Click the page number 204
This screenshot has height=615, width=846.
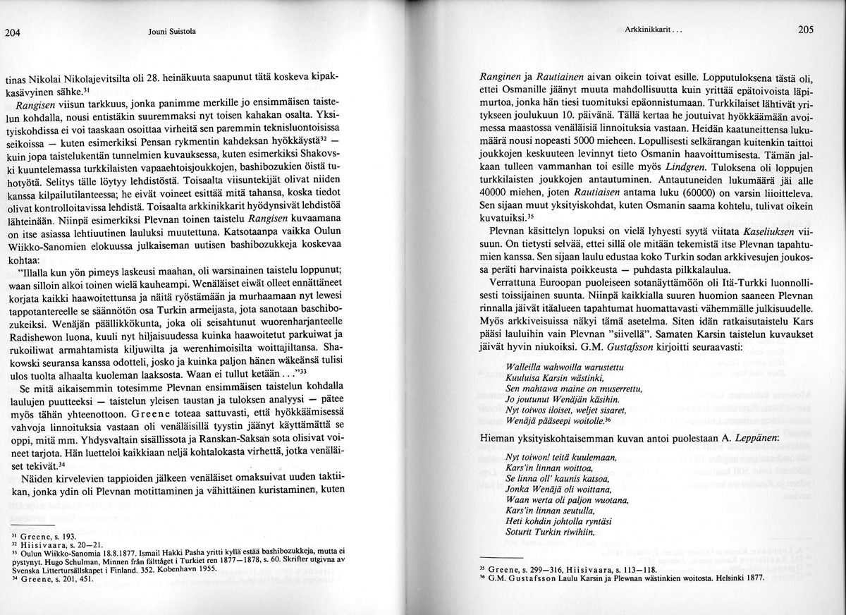[x=13, y=31]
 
